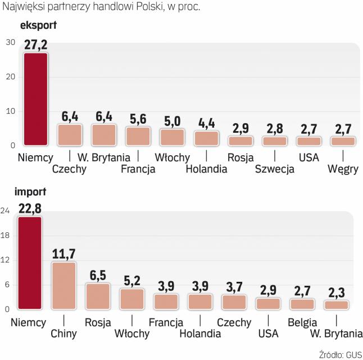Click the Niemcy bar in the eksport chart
tap(35, 100)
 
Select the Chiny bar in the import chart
tap(63, 286)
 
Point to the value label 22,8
tap(30, 209)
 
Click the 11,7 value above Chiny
tap(63, 254)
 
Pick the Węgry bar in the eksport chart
tap(343, 141)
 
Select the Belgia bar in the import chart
tap(302, 304)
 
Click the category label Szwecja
tap(274, 169)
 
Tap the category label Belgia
tap(302, 323)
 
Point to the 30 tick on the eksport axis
tap(10, 43)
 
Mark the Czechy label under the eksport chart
tap(69, 169)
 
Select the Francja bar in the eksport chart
tap(138, 136)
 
